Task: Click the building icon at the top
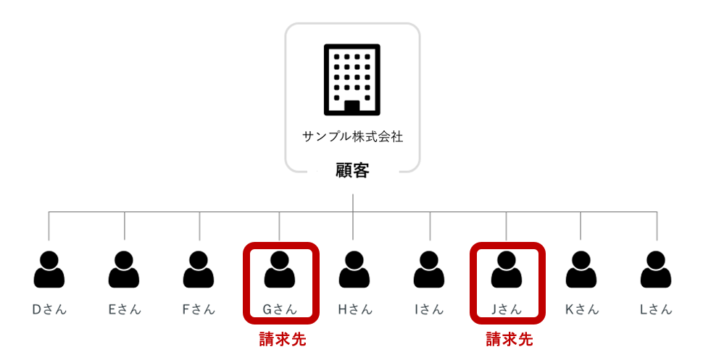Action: [352, 80]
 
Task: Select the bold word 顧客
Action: [352, 171]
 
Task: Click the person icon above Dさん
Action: [49, 269]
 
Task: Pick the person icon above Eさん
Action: [124, 269]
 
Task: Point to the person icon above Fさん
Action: [199, 269]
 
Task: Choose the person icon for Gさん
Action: [280, 269]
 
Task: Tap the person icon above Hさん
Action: [354, 269]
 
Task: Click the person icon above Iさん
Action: [429, 269]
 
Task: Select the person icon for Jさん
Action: [506, 269]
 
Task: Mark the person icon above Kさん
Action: [581, 269]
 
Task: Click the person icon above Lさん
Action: [656, 269]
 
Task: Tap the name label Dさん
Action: [49, 309]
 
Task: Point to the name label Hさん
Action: [354, 309]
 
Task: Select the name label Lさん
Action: [656, 309]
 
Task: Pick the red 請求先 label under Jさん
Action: [509, 339]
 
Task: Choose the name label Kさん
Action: [582, 309]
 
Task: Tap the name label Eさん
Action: [125, 309]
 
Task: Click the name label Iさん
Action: [429, 309]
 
